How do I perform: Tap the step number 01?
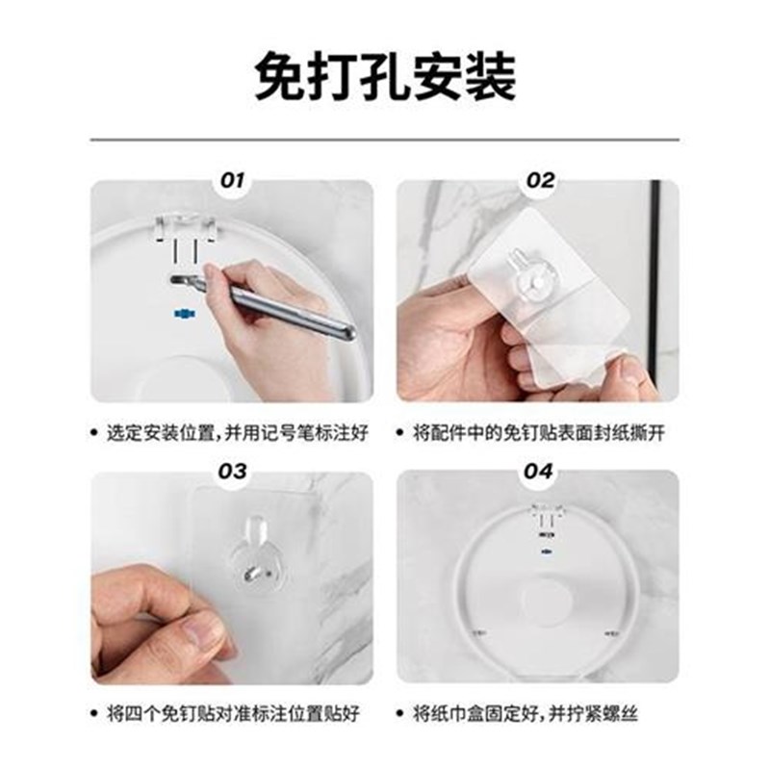coord(234,180)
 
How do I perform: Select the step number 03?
coord(234,472)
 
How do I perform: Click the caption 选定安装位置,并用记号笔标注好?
coord(237,434)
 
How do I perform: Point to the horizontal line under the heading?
coord(385,141)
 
